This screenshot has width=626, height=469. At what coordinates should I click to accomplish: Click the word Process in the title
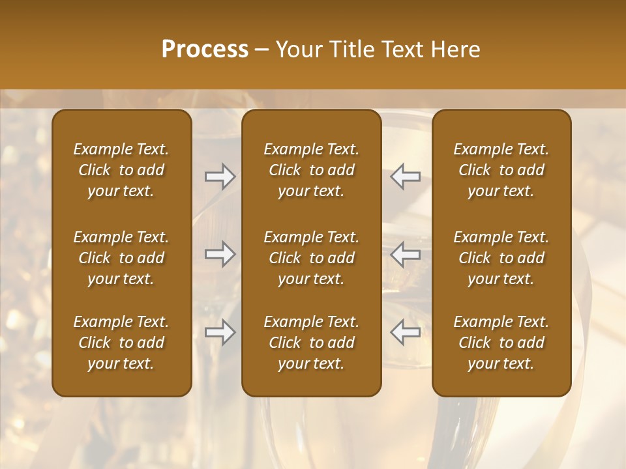click(205, 50)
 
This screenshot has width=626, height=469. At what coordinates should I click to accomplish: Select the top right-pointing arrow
click(220, 177)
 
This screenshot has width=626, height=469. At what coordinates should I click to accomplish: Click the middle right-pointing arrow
click(220, 254)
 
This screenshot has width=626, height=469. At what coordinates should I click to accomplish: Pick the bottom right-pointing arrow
click(220, 332)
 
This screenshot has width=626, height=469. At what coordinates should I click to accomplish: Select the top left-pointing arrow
click(406, 177)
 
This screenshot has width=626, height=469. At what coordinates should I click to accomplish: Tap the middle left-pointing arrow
click(406, 254)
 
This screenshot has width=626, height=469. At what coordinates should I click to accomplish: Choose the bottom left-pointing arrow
click(406, 332)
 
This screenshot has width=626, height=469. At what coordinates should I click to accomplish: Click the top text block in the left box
click(121, 170)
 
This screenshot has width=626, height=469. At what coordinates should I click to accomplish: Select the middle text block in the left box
click(121, 258)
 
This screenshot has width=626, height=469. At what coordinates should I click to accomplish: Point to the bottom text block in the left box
click(121, 343)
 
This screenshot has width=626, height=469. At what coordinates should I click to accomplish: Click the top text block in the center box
click(311, 170)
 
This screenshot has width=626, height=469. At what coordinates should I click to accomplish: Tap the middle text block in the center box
click(311, 258)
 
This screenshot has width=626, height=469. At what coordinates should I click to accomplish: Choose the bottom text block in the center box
click(311, 343)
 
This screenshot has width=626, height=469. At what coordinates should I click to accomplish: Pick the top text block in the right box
click(501, 170)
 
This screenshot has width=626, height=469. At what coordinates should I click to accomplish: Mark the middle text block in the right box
click(501, 258)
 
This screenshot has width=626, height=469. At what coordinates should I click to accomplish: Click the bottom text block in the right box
click(501, 343)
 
